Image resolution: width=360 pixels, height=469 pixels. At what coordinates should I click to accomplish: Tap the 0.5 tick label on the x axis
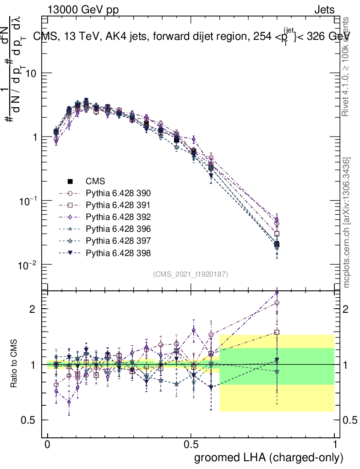pyautogui.click(x=191, y=445)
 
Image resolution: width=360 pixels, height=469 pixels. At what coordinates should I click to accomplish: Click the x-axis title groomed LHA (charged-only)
pyautogui.click(x=269, y=458)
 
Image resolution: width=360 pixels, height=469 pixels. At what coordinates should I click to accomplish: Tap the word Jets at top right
pyautogui.click(x=324, y=10)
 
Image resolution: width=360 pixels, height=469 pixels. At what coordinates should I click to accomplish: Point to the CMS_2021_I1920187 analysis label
pyautogui.click(x=191, y=274)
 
